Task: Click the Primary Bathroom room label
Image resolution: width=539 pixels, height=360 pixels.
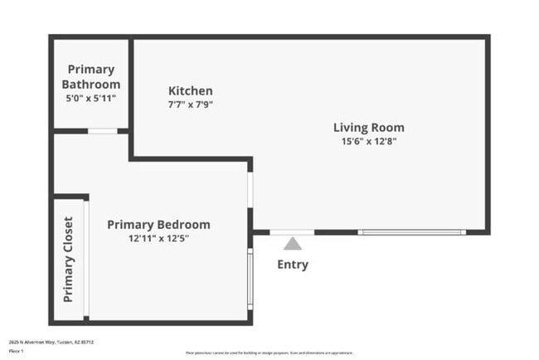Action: [x=91, y=76]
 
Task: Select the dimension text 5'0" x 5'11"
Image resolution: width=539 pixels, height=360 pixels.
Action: [x=91, y=98]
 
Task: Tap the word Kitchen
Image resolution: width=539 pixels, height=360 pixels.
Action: [x=191, y=91]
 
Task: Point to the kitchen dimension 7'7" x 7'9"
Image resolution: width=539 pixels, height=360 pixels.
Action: [x=191, y=105]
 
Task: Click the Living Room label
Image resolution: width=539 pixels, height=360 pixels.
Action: [x=369, y=128]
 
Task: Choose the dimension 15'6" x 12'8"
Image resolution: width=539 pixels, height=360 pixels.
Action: [x=369, y=141]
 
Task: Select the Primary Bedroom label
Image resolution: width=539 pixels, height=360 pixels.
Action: [x=158, y=225]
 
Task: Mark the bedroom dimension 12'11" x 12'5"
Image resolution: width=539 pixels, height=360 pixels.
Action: [x=158, y=238]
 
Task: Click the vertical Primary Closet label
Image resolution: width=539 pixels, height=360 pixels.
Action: [x=68, y=259]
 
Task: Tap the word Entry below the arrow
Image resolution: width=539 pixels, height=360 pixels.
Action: [x=293, y=265]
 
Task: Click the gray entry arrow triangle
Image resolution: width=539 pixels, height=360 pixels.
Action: [x=293, y=244]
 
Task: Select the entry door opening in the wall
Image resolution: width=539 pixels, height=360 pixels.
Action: [x=293, y=232]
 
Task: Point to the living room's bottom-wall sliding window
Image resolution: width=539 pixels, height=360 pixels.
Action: [x=412, y=232]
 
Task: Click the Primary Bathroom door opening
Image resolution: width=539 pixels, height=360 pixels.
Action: [x=103, y=131]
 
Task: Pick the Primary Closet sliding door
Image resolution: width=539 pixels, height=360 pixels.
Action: [x=86, y=259]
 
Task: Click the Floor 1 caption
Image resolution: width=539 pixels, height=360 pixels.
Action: [x=15, y=351]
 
